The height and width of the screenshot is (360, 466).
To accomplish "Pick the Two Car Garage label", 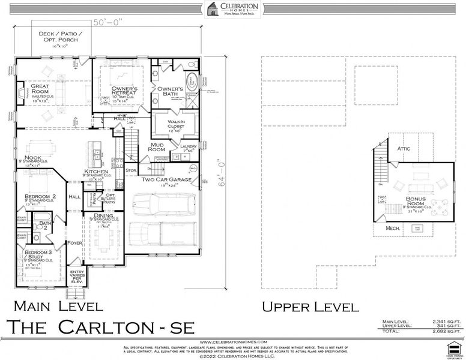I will (166, 179).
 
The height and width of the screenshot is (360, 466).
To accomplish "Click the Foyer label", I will (74, 243).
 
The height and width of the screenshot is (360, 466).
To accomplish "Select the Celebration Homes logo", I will (232, 10).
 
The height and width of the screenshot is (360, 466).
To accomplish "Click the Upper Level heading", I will (310, 307).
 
